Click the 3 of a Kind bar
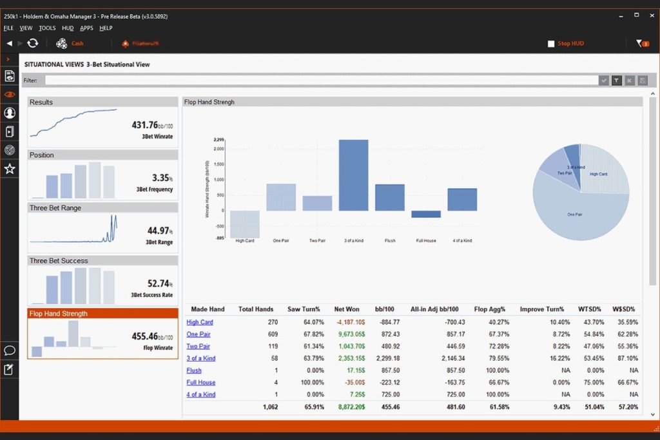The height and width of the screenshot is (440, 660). [x=353, y=175]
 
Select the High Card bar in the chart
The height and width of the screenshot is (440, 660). [x=245, y=224]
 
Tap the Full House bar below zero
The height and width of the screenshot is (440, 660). [x=426, y=214]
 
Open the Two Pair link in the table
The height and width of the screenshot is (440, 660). [x=198, y=346]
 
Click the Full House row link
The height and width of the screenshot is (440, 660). [x=200, y=382]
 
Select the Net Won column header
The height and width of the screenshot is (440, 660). [x=347, y=309]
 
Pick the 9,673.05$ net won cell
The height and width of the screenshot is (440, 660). [x=349, y=334]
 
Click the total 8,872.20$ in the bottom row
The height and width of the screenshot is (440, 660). [x=348, y=407]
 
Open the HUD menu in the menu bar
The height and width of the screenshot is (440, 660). [x=68, y=28]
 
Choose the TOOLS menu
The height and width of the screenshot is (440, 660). [x=47, y=28]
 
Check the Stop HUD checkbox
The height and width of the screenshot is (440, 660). [x=551, y=44]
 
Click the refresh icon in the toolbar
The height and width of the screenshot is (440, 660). [x=33, y=43]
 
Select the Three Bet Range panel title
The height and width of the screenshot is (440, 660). [x=55, y=208]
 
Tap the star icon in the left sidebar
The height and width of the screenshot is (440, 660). [x=10, y=169]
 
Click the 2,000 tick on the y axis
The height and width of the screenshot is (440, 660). [x=218, y=149]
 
